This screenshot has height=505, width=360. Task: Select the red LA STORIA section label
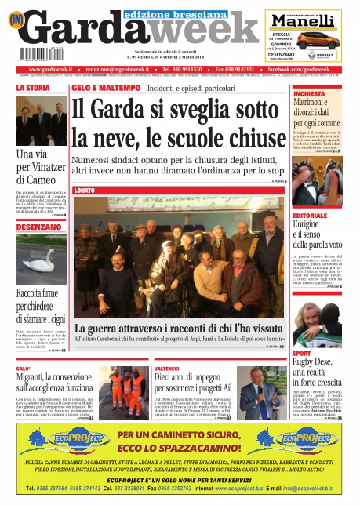(32, 89)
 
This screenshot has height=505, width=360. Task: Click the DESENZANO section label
(37, 227)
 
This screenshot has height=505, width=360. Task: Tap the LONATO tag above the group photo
(85, 191)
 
